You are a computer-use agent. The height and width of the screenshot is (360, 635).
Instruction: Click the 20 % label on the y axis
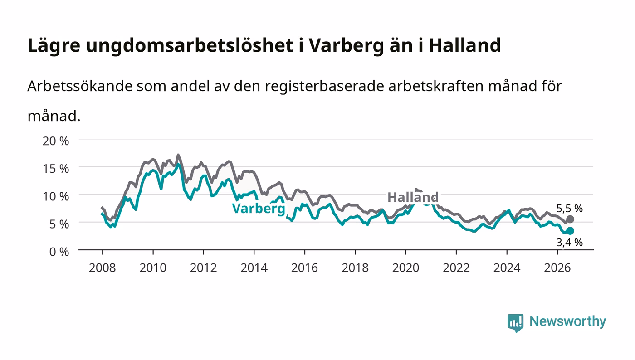(56, 141)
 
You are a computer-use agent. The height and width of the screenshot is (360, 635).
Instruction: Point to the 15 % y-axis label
(56, 169)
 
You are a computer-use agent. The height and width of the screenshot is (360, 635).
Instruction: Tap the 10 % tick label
(56, 196)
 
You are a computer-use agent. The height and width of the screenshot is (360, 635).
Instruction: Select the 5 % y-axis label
(59, 224)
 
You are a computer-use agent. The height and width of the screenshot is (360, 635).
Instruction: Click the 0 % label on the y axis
(59, 252)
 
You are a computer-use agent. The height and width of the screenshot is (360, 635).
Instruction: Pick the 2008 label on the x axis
(103, 268)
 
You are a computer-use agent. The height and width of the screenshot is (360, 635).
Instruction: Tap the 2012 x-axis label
(204, 268)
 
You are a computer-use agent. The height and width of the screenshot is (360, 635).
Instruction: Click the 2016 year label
(304, 268)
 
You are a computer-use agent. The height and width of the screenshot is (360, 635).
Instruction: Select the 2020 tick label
(405, 268)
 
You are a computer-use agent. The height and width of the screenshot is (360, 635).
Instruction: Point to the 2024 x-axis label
(507, 268)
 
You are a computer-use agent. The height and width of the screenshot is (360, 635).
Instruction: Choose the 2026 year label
(557, 268)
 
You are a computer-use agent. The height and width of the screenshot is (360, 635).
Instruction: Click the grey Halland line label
(413, 197)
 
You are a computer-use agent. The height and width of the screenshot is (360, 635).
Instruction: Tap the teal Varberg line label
(259, 209)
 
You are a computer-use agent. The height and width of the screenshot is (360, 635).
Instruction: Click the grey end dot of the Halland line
(570, 219)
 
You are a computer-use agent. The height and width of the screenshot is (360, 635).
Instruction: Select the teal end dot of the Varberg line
(570, 231)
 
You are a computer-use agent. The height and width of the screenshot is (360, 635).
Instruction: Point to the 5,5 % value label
(570, 209)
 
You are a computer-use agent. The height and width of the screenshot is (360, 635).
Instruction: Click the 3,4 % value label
(570, 243)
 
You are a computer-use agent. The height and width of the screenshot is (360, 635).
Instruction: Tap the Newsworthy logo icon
(515, 322)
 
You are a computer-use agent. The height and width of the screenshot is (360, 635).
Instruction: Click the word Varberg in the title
(346, 46)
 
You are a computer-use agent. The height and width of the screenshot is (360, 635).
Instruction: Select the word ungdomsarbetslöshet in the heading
(190, 46)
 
